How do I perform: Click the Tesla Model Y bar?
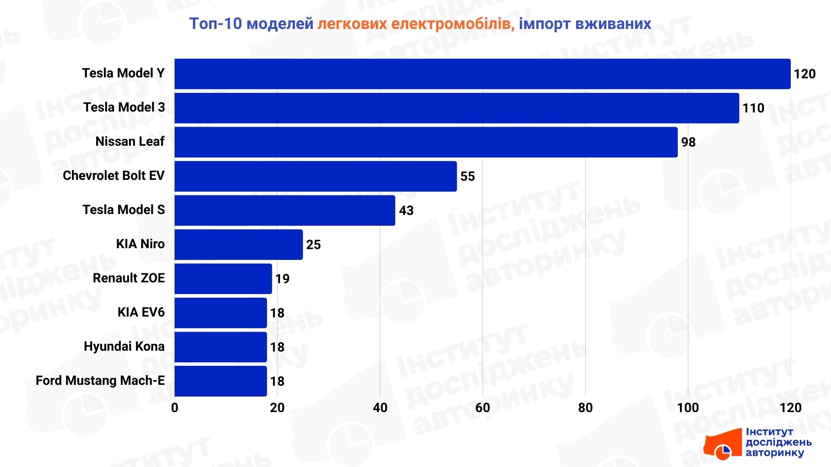pos(482,74)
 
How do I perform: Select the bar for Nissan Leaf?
pos(426,142)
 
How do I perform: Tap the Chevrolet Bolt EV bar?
pos(316,176)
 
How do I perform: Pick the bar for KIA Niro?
pos(238,245)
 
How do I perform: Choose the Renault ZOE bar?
pos(223,279)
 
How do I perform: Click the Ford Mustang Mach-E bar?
pos(220,381)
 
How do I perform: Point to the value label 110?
pos(753,108)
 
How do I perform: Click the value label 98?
pos(688,142)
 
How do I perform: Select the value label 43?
pos(406,211)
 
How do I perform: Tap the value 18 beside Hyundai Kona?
pos(277,347)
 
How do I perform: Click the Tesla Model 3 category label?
pos(124,107)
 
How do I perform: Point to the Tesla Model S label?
pos(123,210)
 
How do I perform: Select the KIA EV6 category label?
pos(141,312)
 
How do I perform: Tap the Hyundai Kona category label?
pos(124,346)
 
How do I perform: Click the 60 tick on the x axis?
pos(483,408)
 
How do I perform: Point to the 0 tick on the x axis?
pos(174,408)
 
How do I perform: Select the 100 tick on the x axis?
pos(688,408)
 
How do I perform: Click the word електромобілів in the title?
pos(453,24)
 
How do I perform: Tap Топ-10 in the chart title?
pos(215,24)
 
